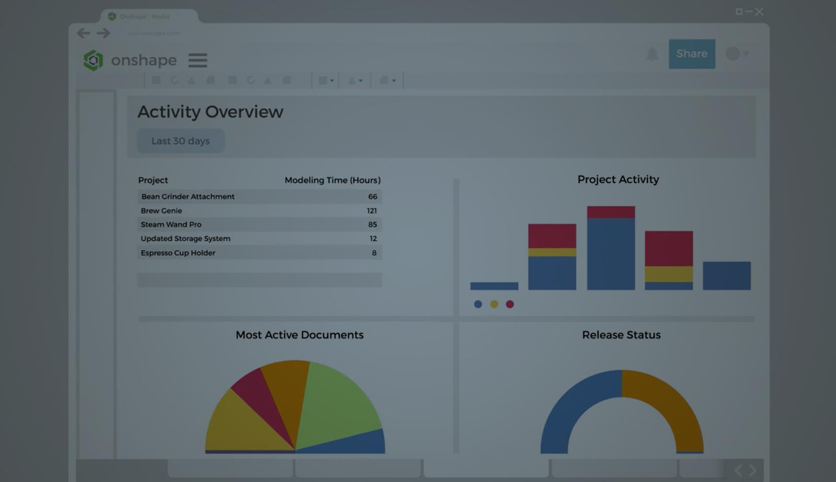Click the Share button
(691, 54)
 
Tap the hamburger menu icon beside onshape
(198, 60)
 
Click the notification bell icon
(652, 54)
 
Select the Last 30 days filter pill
(181, 141)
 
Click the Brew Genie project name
(161, 210)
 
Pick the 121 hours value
(371, 210)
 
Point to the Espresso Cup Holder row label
(178, 253)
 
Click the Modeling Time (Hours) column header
(332, 180)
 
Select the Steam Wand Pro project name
(171, 225)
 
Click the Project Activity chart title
(618, 179)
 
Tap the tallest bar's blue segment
(610, 254)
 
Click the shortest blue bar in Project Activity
(494, 286)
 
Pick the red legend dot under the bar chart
(509, 304)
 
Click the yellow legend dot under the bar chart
(494, 304)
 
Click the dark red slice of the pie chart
(261, 399)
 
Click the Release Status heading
(621, 335)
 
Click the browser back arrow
(84, 33)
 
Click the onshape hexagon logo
(94, 61)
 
